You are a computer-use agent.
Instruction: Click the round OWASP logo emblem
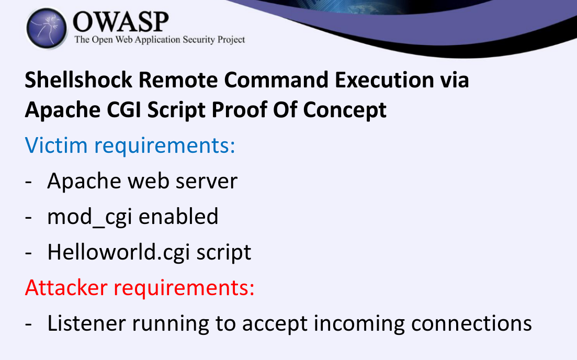(x=47, y=28)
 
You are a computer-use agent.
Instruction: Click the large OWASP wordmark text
(x=121, y=22)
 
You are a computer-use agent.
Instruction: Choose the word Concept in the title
(x=344, y=110)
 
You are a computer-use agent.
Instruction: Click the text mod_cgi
(x=89, y=217)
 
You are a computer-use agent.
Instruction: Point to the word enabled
(x=178, y=216)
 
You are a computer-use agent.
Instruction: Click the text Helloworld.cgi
(x=119, y=253)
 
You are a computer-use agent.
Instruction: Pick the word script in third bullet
(x=224, y=253)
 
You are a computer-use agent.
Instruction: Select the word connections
(x=471, y=323)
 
